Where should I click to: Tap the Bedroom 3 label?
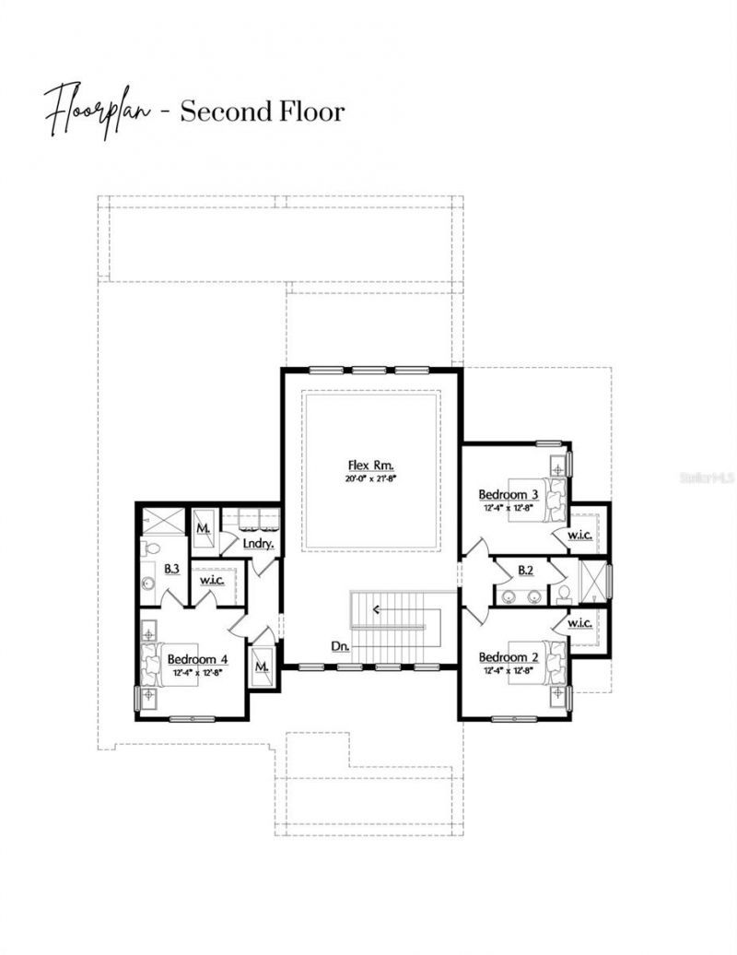[508, 494]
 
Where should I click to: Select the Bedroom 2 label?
[508, 656]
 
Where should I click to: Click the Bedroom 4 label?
[197, 658]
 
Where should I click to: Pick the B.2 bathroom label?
[526, 571]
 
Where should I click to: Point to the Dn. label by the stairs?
[340, 646]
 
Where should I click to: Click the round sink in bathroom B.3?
[148, 584]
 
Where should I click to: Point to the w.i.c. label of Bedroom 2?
[579, 623]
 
